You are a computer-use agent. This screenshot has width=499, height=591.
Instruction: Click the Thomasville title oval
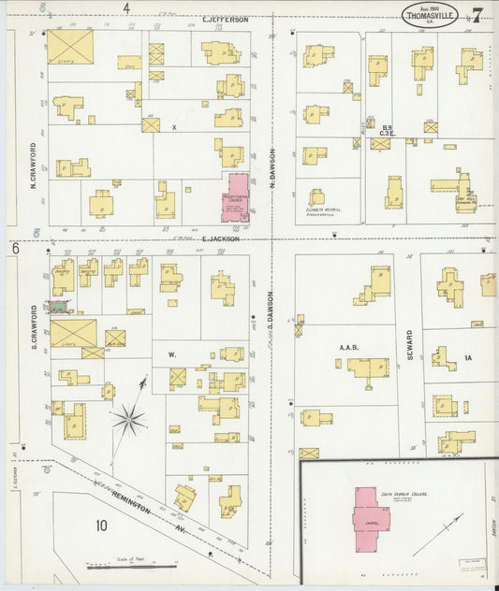(x=431, y=15)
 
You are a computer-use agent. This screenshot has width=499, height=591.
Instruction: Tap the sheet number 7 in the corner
(x=477, y=15)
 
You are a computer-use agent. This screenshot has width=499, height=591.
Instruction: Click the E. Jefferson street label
(x=226, y=19)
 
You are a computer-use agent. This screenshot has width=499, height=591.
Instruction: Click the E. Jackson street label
(x=221, y=238)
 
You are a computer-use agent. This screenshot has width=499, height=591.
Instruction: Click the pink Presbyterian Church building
(x=235, y=196)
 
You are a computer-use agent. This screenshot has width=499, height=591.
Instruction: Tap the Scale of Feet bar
(x=131, y=566)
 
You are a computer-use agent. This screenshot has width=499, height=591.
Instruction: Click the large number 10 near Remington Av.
(x=101, y=525)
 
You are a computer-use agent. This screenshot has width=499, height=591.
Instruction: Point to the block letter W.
(x=171, y=355)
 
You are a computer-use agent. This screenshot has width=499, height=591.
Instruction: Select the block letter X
(x=173, y=126)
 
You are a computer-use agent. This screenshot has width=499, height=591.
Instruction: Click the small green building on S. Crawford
(x=62, y=306)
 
